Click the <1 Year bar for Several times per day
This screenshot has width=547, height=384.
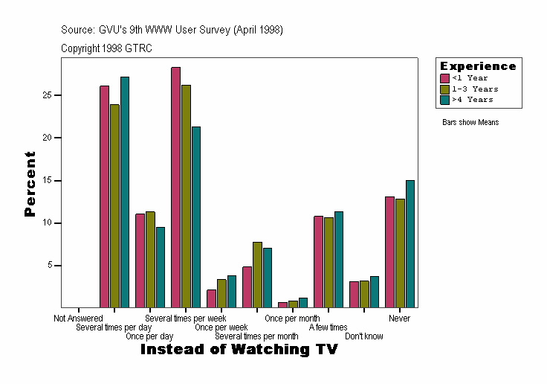(104, 196)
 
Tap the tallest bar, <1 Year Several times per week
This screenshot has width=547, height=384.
(175, 187)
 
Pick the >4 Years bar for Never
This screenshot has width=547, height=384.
(410, 243)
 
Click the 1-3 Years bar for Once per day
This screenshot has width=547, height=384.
(150, 259)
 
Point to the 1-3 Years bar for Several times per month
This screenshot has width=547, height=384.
(257, 275)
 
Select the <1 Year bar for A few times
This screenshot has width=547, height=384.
(318, 261)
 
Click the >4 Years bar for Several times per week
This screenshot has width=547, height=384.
(196, 217)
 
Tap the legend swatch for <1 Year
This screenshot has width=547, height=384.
(444, 78)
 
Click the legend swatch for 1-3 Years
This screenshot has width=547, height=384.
(444, 89)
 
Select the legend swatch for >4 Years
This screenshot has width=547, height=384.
(444, 99)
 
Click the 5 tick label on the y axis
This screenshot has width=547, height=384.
(51, 266)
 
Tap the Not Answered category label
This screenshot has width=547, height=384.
(78, 319)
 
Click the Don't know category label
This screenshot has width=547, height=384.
(364, 336)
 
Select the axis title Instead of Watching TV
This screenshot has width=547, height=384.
(239, 349)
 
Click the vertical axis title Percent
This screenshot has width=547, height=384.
(30, 184)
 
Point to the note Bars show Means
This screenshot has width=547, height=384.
(470, 122)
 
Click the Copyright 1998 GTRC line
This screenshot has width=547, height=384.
(106, 48)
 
